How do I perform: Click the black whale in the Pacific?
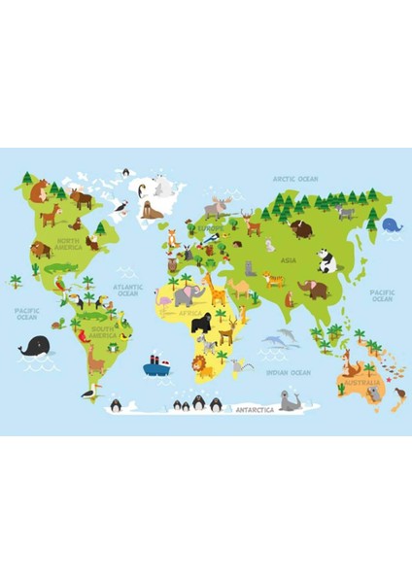(35, 347)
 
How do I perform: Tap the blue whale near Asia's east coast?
(392, 224)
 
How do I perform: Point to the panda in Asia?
(326, 259)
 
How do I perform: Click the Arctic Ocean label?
(295, 179)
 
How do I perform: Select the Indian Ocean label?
(288, 372)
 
